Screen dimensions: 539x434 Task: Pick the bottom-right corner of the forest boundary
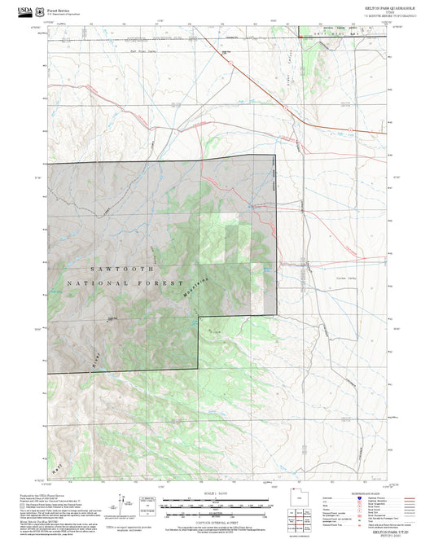coord(199,371)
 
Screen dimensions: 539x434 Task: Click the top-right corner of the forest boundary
coord(275,155)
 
